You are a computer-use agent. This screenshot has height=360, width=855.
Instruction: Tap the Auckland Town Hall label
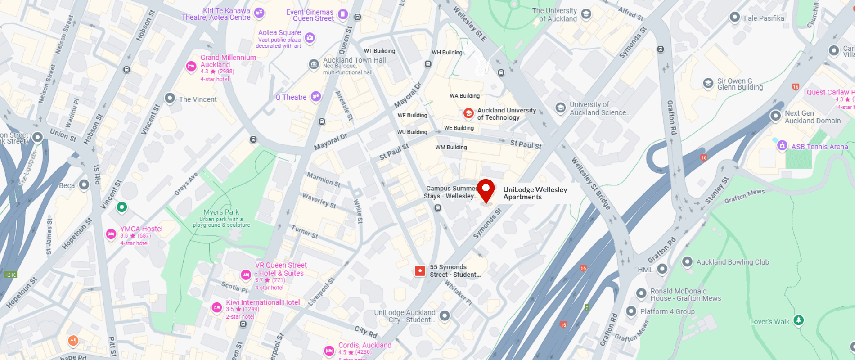354,60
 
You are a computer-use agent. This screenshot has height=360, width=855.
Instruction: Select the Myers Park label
221,212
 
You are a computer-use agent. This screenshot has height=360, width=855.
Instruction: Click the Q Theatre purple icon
316,96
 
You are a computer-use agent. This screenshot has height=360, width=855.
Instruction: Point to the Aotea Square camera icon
310,38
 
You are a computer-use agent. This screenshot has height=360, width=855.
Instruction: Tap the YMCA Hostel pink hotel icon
111,234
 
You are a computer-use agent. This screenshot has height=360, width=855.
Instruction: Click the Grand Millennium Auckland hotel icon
191,67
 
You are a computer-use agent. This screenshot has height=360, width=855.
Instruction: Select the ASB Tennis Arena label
819,147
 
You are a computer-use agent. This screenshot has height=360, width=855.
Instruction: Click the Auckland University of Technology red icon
468,113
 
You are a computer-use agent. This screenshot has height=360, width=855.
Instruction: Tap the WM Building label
451,147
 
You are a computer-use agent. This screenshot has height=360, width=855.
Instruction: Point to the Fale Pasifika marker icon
734,17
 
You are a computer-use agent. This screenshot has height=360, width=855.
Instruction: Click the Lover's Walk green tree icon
798,320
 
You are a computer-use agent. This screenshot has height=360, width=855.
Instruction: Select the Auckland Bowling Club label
733,262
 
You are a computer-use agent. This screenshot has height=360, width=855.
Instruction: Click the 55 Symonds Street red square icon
420,270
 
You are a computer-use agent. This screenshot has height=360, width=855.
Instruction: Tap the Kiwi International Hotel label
263,302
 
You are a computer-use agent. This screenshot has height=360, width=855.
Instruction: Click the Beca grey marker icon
84,184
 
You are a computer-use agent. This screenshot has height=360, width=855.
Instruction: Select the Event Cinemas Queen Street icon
343,14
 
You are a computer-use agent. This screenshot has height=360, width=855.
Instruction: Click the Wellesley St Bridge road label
591,183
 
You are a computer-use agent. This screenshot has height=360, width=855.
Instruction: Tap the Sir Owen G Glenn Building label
740,84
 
